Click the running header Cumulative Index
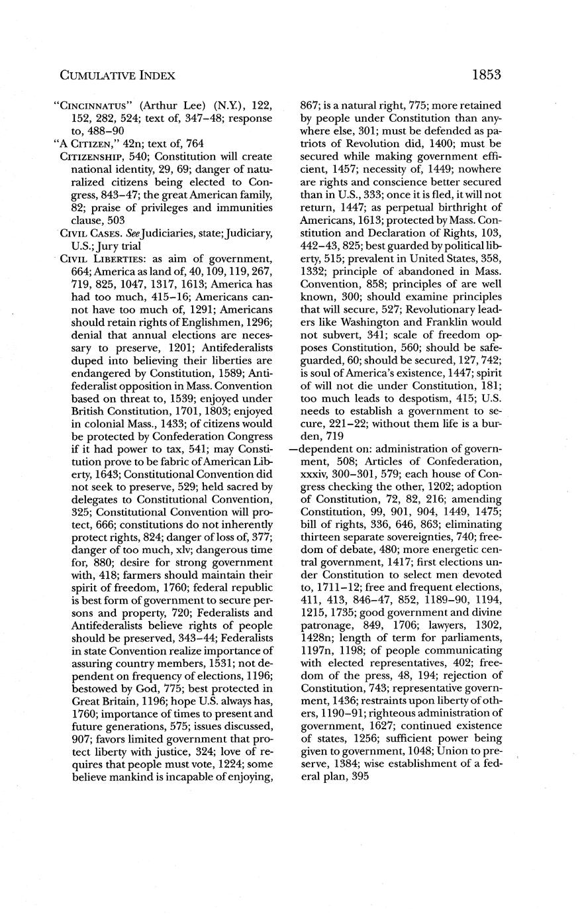tap(117, 76)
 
